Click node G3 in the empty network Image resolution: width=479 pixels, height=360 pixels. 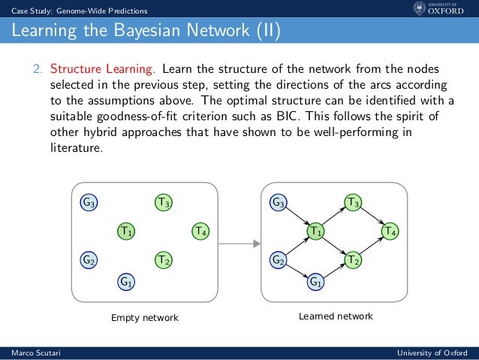click(89, 202)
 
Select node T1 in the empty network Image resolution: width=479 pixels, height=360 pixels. click(126, 231)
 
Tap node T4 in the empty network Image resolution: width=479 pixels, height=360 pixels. click(200, 231)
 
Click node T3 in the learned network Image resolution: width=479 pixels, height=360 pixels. click(353, 202)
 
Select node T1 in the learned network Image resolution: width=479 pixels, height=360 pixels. click(316, 231)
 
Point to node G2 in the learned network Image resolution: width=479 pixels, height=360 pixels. click(279, 260)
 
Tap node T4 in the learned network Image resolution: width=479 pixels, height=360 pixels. click(390, 231)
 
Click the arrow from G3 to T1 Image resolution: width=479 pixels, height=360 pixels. click(297, 216)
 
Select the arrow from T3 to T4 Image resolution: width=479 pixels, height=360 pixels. click(372, 216)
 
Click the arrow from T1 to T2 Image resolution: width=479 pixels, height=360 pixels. click(334, 246)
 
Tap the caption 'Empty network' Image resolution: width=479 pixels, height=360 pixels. click(145, 318)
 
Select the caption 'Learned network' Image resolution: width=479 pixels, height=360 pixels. click(335, 317)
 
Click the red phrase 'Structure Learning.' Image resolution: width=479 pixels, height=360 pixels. click(104, 69)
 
